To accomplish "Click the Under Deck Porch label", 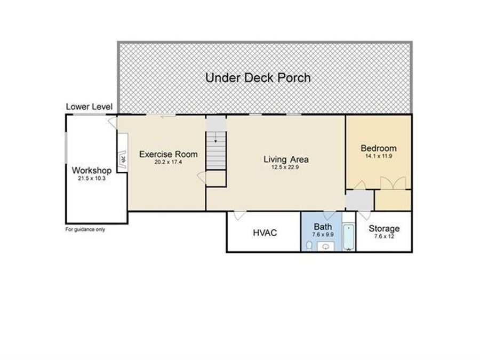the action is click(x=258, y=78).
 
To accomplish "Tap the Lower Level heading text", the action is click(x=89, y=107).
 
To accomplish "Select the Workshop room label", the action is click(x=92, y=170).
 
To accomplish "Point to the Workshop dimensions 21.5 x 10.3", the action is click(x=92, y=178).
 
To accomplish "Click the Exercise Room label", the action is click(x=169, y=154).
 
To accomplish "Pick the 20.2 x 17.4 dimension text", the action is click(x=169, y=162).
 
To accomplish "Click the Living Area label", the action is click(x=286, y=159).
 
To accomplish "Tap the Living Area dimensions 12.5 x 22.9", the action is click(x=285, y=167).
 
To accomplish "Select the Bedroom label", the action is click(x=379, y=148).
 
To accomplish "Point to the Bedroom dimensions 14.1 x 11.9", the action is click(x=379, y=156).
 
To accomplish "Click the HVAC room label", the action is click(x=265, y=233).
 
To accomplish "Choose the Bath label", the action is click(x=323, y=227).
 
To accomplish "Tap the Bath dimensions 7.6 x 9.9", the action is click(x=323, y=235).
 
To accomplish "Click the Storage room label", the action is click(x=384, y=228).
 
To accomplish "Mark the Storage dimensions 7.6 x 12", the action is click(x=384, y=236).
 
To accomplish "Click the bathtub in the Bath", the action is click(x=349, y=237).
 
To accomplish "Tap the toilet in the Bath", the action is click(x=309, y=245).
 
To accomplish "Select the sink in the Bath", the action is click(x=326, y=246).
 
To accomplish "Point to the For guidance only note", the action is click(x=85, y=229).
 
